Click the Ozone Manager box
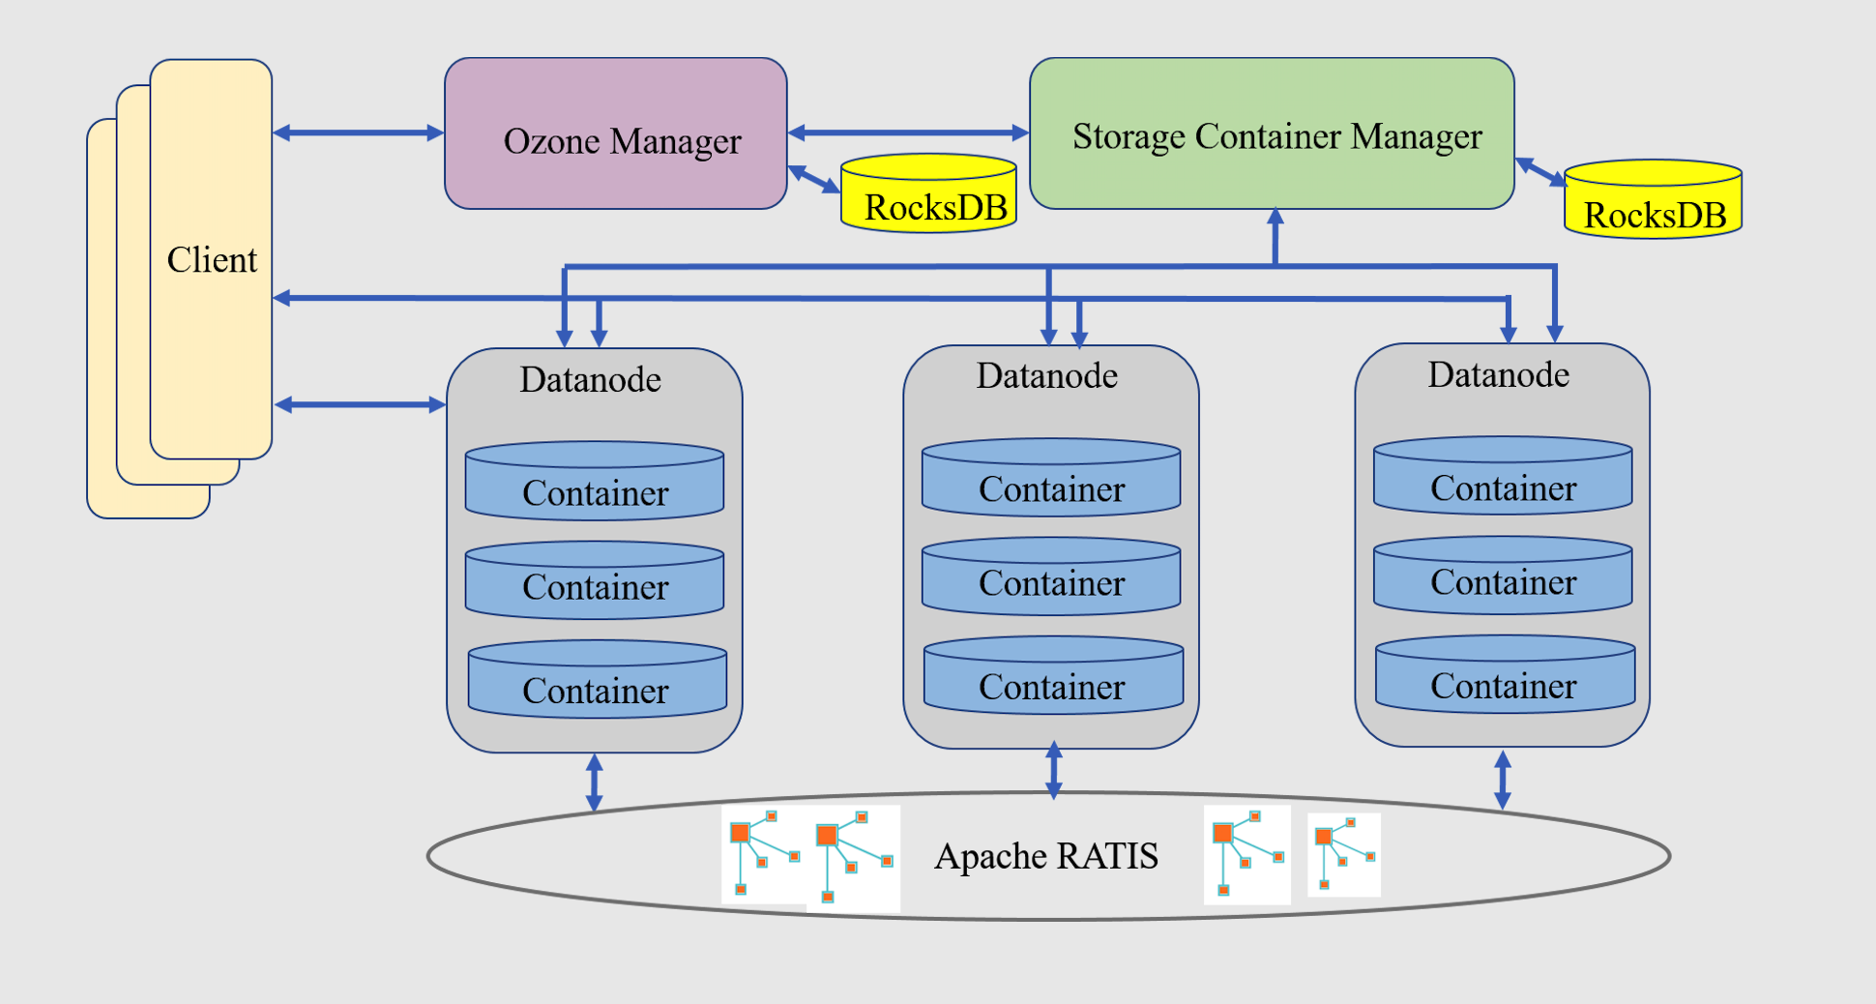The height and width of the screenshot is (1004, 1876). [x=616, y=134]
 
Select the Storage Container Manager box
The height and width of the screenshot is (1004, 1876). [x=1272, y=134]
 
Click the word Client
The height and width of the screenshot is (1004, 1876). [x=212, y=260]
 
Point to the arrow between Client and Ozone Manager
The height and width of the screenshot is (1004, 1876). [x=358, y=133]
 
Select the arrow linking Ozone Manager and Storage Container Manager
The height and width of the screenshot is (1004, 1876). [x=908, y=133]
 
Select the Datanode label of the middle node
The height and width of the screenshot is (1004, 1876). [x=1047, y=375]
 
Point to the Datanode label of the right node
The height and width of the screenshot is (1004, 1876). [x=1499, y=374]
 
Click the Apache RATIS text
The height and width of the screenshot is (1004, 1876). [x=1046, y=856]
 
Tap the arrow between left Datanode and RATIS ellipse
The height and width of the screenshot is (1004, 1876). [x=595, y=782]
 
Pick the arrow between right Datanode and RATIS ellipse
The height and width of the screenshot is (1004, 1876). [x=1503, y=780]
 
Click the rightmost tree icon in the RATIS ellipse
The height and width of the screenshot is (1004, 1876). [x=1344, y=854]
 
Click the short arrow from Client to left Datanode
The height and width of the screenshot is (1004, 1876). [x=360, y=404]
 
